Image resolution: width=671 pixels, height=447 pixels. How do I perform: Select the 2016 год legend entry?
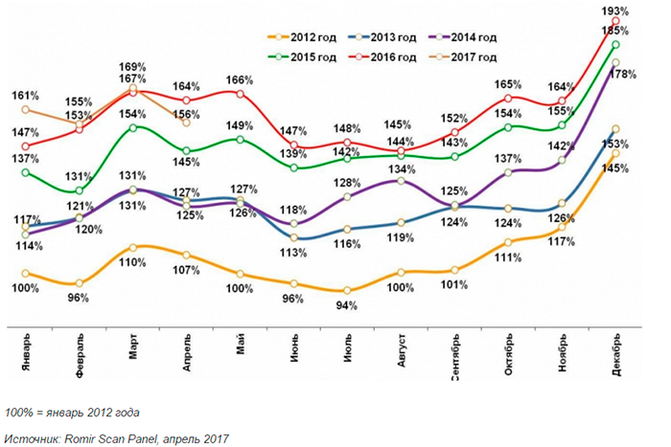click(x=390, y=57)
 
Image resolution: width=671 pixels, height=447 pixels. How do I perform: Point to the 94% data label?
click(x=347, y=306)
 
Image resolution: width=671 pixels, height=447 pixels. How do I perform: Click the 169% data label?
click(x=133, y=67)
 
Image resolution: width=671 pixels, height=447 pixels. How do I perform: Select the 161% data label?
click(x=25, y=96)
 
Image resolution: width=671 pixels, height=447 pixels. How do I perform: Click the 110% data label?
click(x=134, y=262)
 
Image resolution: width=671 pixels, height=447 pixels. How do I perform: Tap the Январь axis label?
click(x=26, y=355)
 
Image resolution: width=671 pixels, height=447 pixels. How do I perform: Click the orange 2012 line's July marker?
click(x=347, y=290)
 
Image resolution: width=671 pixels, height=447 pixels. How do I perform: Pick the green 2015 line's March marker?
click(x=134, y=126)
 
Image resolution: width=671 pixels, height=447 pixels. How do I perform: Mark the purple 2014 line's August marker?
click(x=401, y=180)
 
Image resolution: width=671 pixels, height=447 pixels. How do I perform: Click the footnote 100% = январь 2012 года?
click(x=72, y=413)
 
